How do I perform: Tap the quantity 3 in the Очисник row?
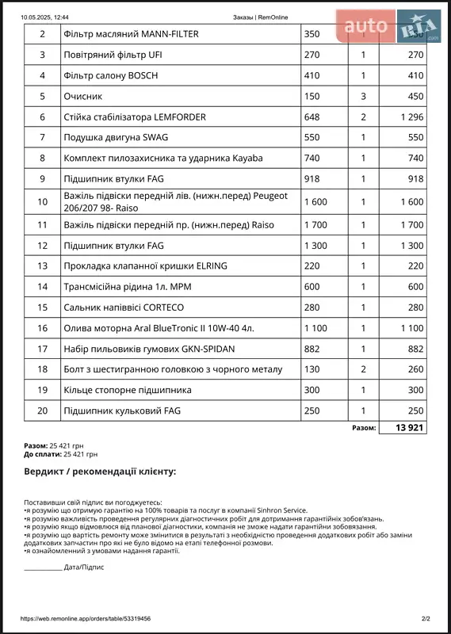[x=363, y=97]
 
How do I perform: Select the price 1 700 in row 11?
[x=318, y=225]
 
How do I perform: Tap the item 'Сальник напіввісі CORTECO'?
[x=124, y=307]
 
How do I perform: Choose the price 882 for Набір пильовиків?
[x=312, y=349]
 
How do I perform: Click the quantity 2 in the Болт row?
[x=363, y=369]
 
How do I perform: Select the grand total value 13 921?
[x=407, y=428]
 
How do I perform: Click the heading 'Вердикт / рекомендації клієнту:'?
[x=100, y=472]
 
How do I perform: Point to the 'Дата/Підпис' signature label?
[x=84, y=567]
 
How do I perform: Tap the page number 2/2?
[x=425, y=618]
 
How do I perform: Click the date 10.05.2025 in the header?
[x=36, y=17]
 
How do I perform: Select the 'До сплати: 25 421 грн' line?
[x=61, y=455]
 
